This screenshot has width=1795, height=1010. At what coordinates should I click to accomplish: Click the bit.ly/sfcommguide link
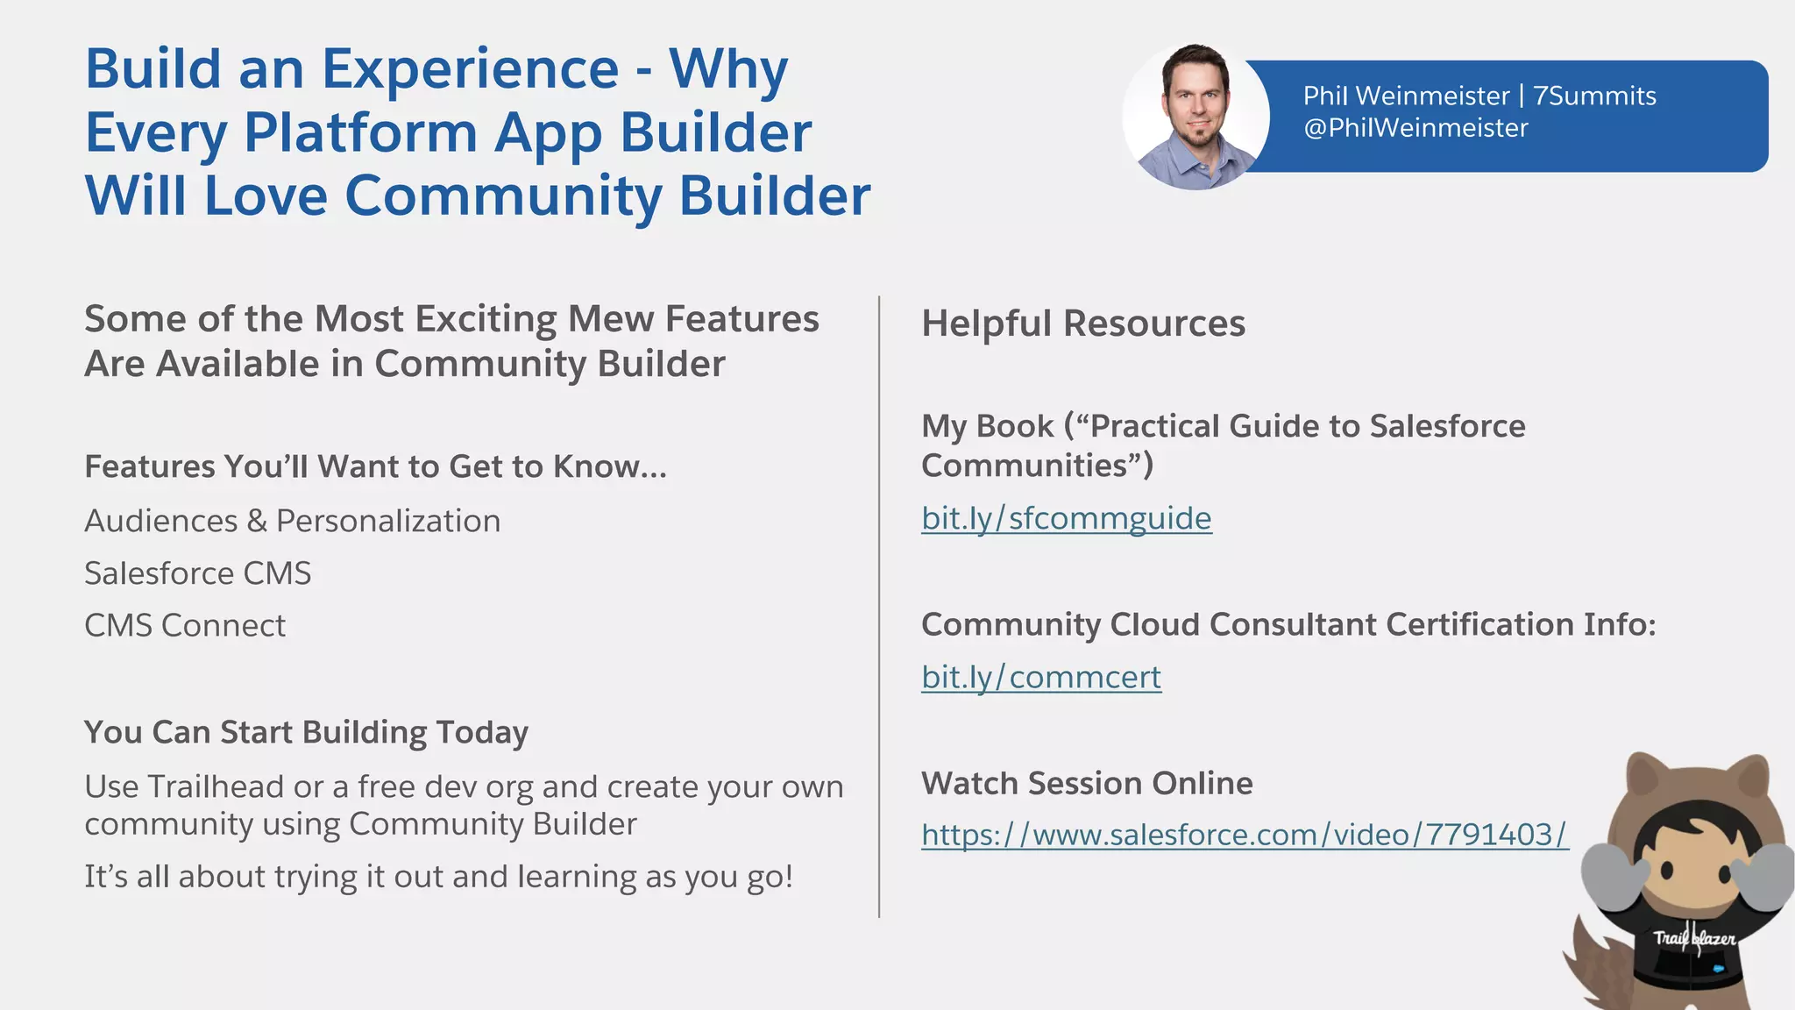click(1066, 518)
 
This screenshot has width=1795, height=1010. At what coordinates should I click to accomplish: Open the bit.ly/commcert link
click(1040, 677)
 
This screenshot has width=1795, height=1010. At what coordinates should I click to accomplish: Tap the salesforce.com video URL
click(1244, 834)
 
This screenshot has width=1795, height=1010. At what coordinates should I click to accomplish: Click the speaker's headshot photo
click(1195, 117)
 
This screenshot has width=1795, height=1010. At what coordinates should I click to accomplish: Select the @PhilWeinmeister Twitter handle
click(1415, 128)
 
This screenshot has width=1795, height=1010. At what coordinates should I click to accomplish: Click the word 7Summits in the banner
click(1594, 96)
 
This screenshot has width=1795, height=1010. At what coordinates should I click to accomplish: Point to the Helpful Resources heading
click(1082, 323)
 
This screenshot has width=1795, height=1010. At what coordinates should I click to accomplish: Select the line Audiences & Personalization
click(292, 521)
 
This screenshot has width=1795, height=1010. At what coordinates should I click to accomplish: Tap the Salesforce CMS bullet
click(197, 573)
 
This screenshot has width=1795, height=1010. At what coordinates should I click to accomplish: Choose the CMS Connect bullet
click(184, 626)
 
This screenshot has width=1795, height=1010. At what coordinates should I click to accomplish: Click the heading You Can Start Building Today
click(306, 732)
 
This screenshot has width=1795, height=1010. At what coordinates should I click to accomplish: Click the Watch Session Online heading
click(1087, 783)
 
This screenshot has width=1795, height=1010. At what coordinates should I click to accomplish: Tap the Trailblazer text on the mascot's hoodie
click(1693, 938)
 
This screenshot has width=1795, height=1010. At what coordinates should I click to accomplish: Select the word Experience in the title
click(470, 68)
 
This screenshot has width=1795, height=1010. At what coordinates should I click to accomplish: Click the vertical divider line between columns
click(878, 605)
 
